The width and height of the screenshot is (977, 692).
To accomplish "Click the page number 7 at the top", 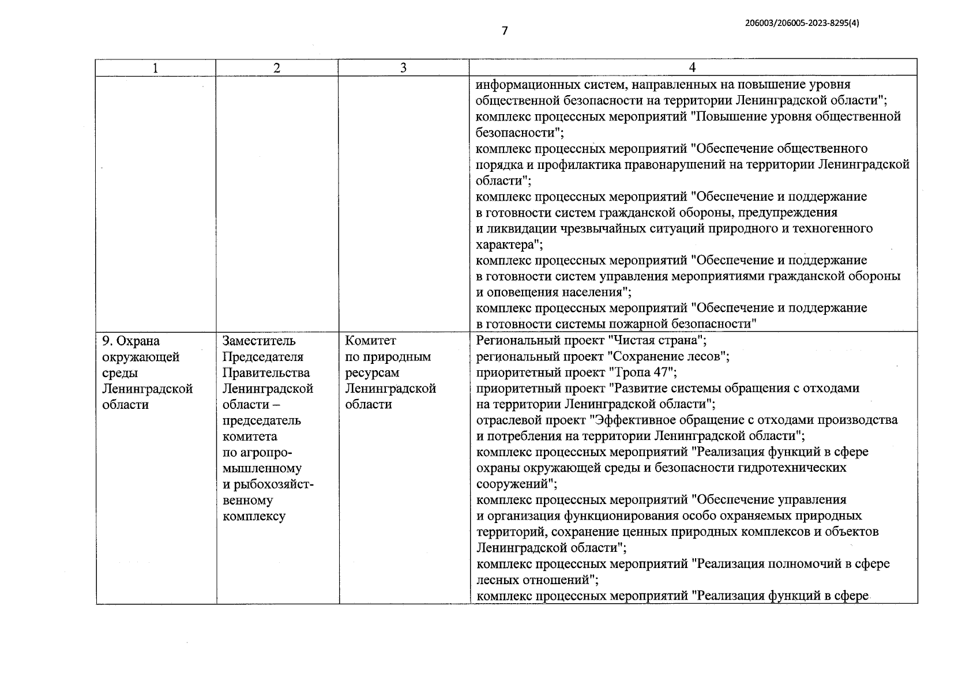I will [x=505, y=31].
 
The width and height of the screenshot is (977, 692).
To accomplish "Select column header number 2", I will [x=277, y=67].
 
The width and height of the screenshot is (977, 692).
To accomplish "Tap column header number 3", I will [x=403, y=67].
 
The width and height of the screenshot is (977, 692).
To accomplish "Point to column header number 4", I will [x=692, y=67].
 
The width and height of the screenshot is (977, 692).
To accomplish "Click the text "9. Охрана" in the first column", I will [x=131, y=341].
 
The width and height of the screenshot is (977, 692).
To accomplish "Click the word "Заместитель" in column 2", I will [x=259, y=341].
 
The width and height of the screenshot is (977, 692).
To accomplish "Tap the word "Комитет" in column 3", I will [x=371, y=341].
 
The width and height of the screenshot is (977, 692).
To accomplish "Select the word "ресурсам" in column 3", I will [x=372, y=373].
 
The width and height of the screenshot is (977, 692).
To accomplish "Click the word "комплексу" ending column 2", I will [x=254, y=516].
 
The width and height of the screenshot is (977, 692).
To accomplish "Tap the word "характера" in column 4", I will [x=505, y=245].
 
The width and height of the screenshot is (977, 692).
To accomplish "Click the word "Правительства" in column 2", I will [x=266, y=373].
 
